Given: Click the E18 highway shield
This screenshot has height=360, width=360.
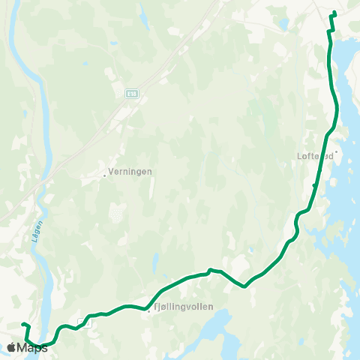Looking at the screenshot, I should click(131, 93).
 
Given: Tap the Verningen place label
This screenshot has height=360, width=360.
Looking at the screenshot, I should click(129, 172).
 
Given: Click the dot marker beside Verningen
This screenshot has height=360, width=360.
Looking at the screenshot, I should click(104, 175).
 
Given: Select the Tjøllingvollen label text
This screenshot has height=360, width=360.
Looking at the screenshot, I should click(183, 307).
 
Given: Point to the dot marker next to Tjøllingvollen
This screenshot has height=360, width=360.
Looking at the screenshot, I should click(149, 313).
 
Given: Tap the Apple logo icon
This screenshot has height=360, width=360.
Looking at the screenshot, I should click(12, 347).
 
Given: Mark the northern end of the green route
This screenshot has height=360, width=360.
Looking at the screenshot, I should click(334, 13).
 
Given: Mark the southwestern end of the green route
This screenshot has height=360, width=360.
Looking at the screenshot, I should click(22, 324).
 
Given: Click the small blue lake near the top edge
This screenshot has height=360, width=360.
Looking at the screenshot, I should click(283, 24).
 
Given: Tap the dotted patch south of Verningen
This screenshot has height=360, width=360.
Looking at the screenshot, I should click(116, 215).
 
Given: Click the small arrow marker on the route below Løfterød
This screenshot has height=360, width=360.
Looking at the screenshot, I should click(313, 185).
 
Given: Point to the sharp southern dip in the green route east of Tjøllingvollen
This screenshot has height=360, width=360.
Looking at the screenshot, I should click(244, 286).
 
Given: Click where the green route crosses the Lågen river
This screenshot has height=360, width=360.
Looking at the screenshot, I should click(43, 345).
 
